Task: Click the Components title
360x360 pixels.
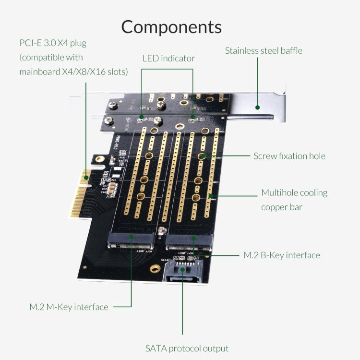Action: coord(171,26)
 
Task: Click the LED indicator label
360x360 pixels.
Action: coord(168,59)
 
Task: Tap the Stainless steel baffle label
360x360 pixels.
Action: coord(264,50)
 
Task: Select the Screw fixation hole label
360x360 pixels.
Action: coord(289,156)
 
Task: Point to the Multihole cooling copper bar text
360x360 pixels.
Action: coord(294,200)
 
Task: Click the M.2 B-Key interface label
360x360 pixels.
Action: coord(281,255)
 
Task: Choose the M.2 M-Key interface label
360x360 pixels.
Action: coord(69,307)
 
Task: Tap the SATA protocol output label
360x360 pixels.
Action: coord(187,348)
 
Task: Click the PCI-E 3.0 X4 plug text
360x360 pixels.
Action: coord(53,43)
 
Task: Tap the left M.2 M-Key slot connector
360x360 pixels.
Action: coord(131,240)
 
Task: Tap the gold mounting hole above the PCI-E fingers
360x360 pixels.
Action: coord(99,159)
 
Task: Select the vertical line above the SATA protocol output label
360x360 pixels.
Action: coord(182,307)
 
